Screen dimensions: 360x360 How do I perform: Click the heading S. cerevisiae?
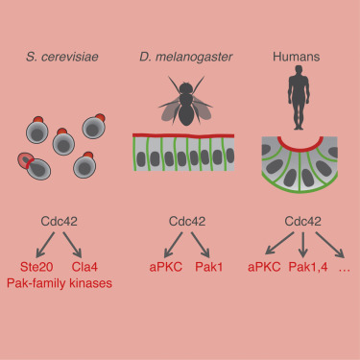64,62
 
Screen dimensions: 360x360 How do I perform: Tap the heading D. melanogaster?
180,62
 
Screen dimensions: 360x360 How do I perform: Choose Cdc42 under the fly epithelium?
180,220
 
